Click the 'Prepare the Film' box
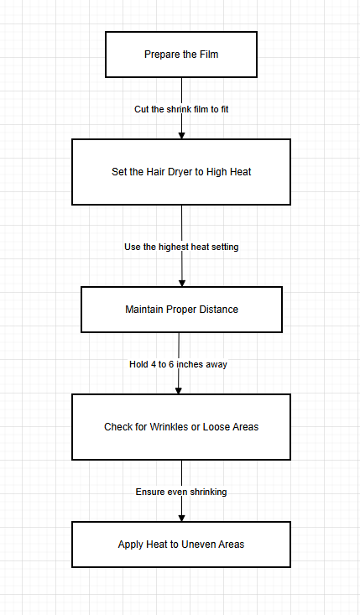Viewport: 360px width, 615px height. pos(181,55)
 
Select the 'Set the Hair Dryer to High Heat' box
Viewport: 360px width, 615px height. pos(181,172)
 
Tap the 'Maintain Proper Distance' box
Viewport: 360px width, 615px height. pos(181,310)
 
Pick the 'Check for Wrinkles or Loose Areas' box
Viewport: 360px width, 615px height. pos(181,427)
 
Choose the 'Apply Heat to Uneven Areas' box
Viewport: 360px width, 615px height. pos(181,545)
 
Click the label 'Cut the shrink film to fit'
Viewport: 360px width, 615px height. pos(181,109)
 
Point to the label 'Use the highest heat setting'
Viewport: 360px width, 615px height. pos(181,247)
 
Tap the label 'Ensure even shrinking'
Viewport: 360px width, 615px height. pos(181,492)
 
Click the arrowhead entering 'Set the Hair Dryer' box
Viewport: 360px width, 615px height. pos(181,134)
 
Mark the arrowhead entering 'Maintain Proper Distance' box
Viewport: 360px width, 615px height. pos(181,282)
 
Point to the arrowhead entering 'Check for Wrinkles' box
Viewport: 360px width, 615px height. pos(178,389)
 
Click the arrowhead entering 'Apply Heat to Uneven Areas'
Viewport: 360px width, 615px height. pos(181,517)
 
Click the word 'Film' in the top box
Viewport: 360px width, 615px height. pos(207,55)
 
